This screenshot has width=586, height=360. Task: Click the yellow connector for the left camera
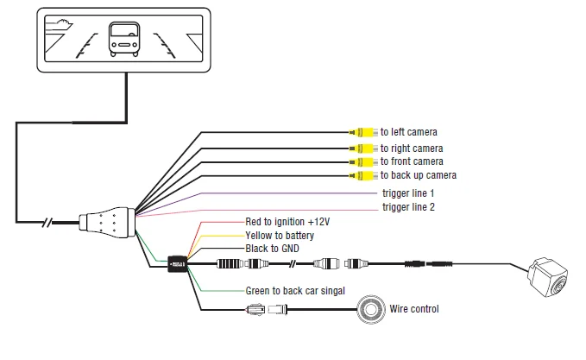click(363, 132)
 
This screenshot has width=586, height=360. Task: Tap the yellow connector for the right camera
click(363, 148)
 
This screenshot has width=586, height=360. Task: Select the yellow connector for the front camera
click(363, 162)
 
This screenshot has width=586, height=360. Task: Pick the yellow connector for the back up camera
click(363, 175)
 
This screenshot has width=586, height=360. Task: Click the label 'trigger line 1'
click(408, 193)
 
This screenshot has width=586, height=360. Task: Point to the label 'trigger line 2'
click(408, 207)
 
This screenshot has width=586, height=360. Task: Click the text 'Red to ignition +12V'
click(287, 222)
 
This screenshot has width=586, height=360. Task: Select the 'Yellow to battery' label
click(280, 236)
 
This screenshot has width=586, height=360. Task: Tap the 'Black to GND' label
click(272, 249)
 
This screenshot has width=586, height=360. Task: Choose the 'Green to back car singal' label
click(295, 291)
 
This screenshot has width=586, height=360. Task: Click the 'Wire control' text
click(414, 309)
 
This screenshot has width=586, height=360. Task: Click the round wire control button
click(371, 309)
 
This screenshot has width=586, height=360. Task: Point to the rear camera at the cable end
click(548, 277)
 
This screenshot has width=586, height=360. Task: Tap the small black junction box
click(178, 264)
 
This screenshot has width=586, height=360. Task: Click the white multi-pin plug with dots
click(107, 223)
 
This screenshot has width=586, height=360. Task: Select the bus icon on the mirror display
click(124, 39)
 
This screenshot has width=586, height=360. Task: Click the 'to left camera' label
click(409, 132)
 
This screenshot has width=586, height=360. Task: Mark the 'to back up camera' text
click(419, 175)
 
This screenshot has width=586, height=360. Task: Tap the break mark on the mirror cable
click(47, 223)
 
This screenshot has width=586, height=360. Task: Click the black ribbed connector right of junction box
click(230, 264)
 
